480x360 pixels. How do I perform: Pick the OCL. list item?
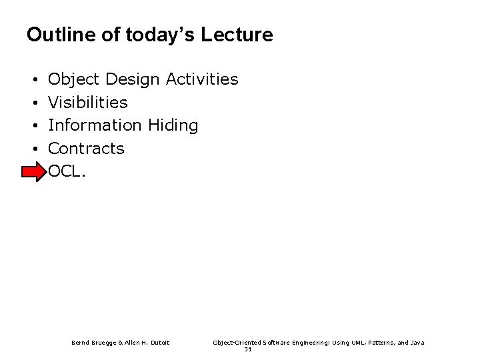pyautogui.click(x=67, y=171)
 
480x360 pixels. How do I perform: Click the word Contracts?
pyautogui.click(x=87, y=148)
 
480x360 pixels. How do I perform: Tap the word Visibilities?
pyautogui.click(x=88, y=103)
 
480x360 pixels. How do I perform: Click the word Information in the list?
pyautogui.click(x=95, y=125)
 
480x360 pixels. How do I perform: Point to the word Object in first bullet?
pyautogui.click(x=73, y=80)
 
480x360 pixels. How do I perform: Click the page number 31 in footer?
pyautogui.click(x=247, y=349)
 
